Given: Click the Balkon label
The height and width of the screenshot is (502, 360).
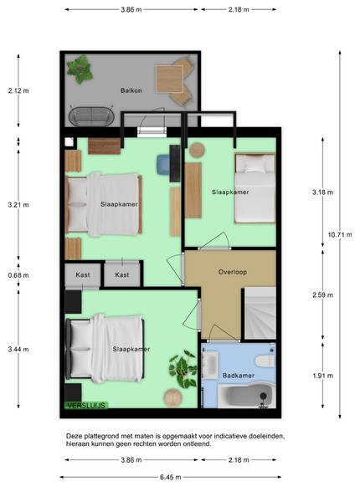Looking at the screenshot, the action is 131,90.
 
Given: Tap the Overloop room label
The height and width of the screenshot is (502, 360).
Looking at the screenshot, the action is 233,272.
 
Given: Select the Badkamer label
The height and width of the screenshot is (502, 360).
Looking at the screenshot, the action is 239,376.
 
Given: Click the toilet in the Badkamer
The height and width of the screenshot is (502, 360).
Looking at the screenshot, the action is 265,361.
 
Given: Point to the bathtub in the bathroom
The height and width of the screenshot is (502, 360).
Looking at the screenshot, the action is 244,396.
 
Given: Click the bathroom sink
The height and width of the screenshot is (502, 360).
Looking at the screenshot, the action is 210,366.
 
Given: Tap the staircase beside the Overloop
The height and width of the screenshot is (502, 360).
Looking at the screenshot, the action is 260,313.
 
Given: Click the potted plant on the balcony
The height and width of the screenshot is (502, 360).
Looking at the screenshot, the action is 80,69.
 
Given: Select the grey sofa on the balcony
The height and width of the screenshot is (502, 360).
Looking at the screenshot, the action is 91,116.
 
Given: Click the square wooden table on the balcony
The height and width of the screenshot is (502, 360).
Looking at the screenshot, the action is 169,79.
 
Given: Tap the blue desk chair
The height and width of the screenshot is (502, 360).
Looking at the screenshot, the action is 163,165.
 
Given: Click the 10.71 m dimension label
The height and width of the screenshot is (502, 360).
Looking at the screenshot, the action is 340,234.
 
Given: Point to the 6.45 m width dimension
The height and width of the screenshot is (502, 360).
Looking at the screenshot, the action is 171,478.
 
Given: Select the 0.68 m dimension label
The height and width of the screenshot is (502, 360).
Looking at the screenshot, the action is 18,275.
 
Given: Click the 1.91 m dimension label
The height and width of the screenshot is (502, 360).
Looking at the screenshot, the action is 323,376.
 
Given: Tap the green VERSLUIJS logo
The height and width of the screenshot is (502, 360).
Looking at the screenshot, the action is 86,406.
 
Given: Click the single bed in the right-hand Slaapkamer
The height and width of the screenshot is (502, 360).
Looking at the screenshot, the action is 255,188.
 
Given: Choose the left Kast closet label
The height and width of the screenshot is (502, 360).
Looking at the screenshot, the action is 83,275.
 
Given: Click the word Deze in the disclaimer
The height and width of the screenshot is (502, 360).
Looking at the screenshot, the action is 73,436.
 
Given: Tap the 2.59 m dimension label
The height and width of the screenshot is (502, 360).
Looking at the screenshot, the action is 323,295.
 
